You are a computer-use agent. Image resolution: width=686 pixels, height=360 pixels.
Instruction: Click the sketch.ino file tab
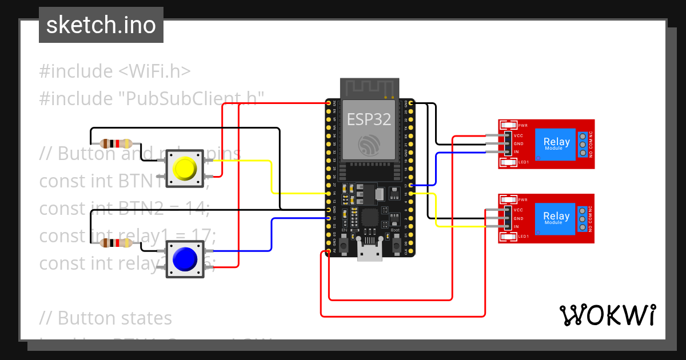pos(101,25)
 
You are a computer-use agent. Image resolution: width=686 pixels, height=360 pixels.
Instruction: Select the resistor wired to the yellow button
pos(116,143)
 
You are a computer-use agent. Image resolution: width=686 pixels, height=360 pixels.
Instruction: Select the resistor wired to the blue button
pos(116,243)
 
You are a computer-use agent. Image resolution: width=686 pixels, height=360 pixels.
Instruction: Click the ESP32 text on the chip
pos(369,119)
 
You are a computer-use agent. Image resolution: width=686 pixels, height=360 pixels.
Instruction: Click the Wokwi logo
pos(607,315)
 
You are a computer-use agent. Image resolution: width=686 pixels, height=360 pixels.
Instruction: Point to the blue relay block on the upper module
pos(556,144)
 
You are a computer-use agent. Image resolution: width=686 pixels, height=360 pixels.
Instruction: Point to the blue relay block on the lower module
pos(556,219)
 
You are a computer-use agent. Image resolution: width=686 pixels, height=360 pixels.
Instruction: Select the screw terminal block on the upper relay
pos(583,145)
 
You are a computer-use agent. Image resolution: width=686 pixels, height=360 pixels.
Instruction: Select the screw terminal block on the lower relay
pos(583,219)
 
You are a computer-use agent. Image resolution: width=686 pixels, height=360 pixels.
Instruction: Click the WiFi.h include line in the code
pos(115,71)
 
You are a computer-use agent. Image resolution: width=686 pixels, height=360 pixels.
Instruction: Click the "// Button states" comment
pos(106,318)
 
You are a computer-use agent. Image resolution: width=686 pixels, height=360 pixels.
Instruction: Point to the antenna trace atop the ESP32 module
pos(369,88)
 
